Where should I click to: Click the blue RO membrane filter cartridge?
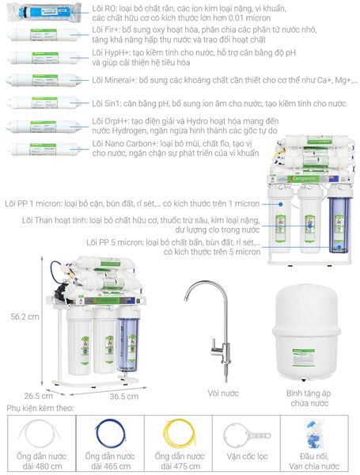coord(44,12)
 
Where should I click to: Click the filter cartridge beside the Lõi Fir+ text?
coord(44,35)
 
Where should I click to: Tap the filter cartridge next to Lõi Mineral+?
coord(44,80)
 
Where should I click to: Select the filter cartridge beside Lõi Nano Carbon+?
coord(44,149)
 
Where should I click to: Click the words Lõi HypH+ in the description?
coord(111,53)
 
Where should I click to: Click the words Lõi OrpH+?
coord(110,121)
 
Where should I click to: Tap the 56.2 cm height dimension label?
coord(25,317)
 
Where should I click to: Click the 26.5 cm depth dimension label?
coord(39,396)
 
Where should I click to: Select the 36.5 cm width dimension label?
coord(124,397)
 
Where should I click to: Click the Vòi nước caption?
coord(223,393)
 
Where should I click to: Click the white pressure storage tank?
coord(306,332)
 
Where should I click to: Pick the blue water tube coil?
coord(110,433)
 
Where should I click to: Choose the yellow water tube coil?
coord(180,434)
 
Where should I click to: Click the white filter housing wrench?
coord(246,435)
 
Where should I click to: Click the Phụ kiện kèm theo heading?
coord(40,408)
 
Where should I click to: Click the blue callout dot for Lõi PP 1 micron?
coord(280,204)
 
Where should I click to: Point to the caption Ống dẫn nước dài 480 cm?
coord(41,461)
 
